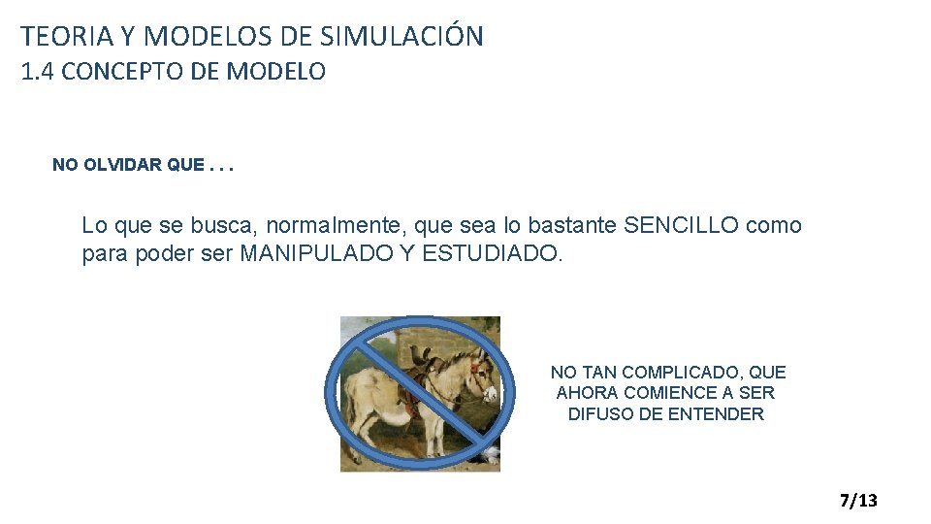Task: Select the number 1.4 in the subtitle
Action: [x=40, y=72]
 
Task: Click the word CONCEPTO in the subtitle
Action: [x=122, y=72]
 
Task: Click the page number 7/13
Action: [x=858, y=501]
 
